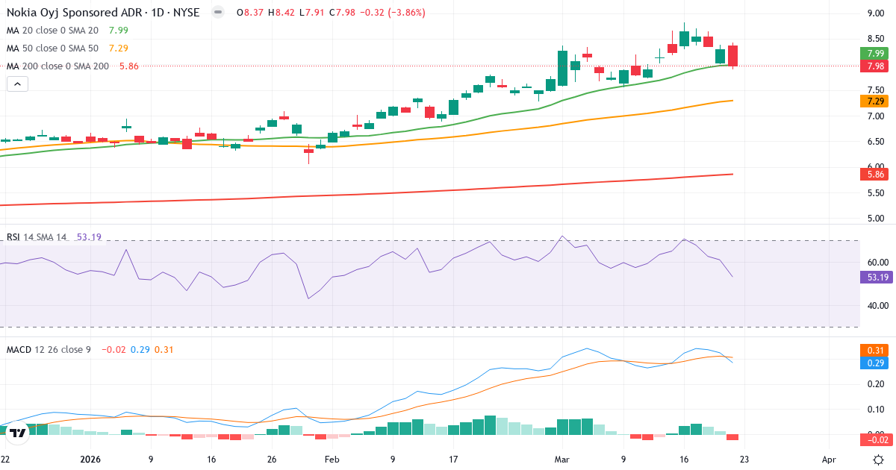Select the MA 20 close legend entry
tap(52, 30)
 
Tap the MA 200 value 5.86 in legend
tap(129, 66)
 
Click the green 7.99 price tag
tap(877, 53)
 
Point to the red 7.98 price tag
tap(877, 66)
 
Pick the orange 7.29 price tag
tap(877, 101)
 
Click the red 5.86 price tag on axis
tap(877, 174)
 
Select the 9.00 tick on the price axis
tap(876, 13)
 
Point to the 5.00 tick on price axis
tap(876, 219)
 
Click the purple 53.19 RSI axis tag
tap(877, 277)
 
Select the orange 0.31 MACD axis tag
tap(877, 350)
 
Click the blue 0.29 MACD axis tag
tap(877, 363)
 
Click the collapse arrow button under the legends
tap(17, 84)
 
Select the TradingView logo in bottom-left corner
tap(18, 433)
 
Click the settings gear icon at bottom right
tap(879, 460)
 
